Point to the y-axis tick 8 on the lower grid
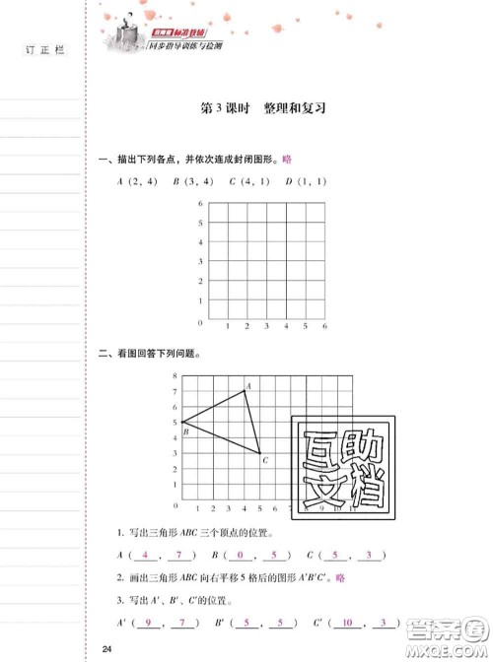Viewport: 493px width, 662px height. (x=175, y=376)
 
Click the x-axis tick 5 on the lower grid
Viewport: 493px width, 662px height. (x=259, y=508)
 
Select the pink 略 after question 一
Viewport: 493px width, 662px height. (x=287, y=159)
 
